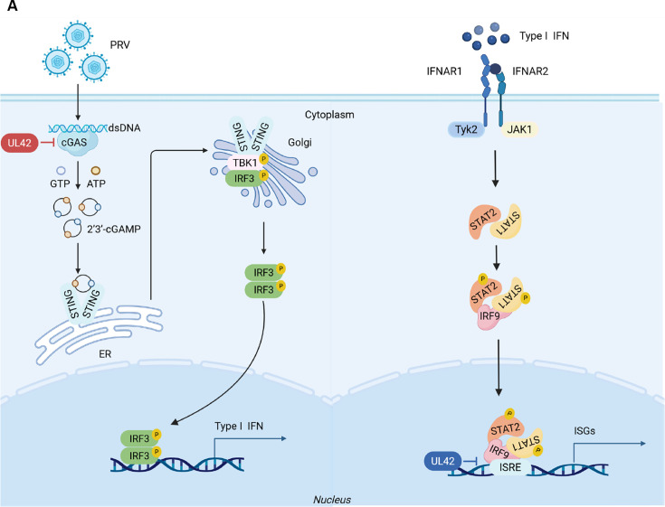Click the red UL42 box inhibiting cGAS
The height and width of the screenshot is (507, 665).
coord(20,143)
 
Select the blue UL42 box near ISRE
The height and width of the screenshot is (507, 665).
coord(442,461)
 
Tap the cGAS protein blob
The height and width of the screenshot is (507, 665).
coord(74,142)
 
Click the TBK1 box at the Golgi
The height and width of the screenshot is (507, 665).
coord(244,163)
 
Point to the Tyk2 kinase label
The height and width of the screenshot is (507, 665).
coord(467,129)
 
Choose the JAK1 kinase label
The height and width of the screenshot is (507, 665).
coord(519,129)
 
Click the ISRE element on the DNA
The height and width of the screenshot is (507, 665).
coord(510,467)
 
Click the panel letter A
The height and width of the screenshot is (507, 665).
coord(12,6)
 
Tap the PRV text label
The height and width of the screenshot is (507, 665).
coord(120,44)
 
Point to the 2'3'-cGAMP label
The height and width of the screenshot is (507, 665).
coord(114,230)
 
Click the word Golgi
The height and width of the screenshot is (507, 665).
coord(299,142)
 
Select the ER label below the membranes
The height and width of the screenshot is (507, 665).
coord(105,353)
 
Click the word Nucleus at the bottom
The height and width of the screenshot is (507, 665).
coord(332,500)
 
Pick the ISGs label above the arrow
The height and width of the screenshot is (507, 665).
coord(584,431)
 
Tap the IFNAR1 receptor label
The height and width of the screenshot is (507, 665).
coord(444,71)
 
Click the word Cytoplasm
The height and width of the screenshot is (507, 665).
coord(329,115)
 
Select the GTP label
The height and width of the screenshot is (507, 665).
coord(60,183)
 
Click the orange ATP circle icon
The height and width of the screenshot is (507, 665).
coord(96,171)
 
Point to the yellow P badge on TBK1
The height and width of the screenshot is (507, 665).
coord(264,159)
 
